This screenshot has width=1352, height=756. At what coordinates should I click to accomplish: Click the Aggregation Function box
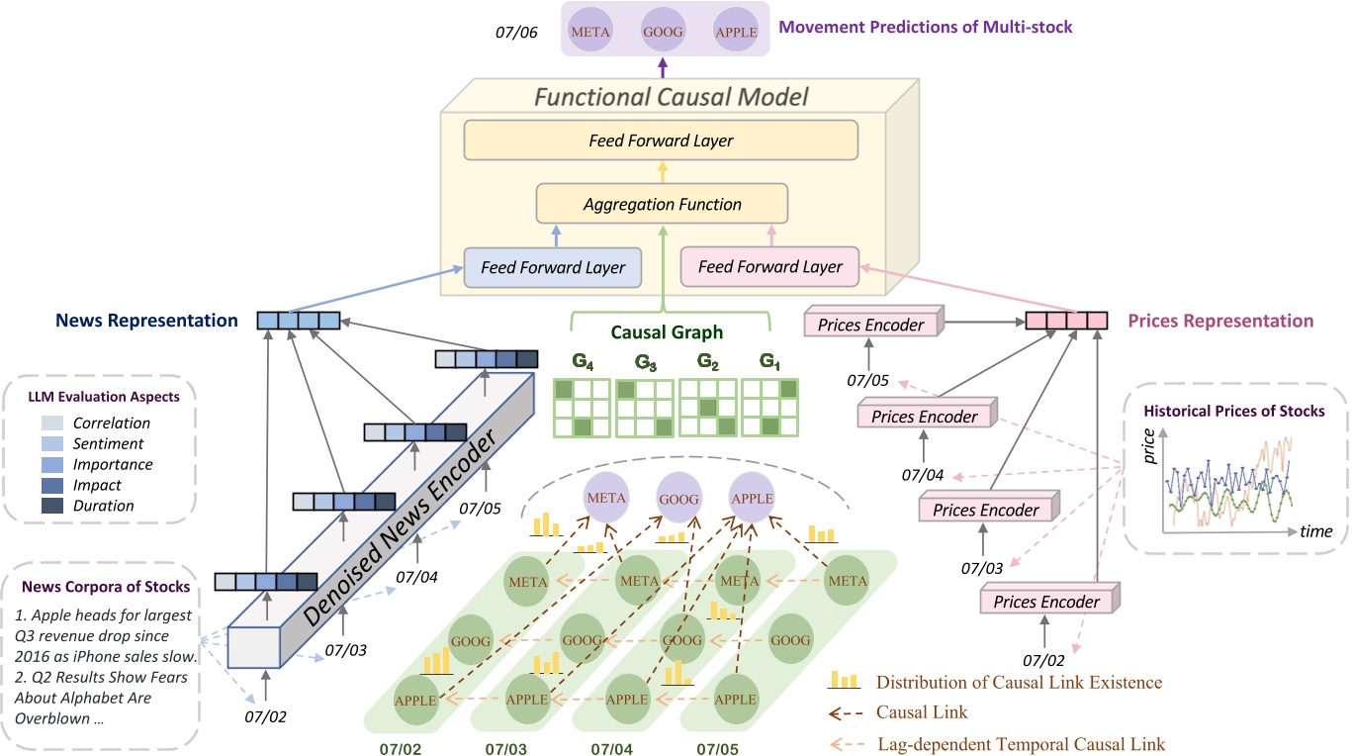coord(662,204)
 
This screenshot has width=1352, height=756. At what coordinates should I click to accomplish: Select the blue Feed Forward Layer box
coord(553,267)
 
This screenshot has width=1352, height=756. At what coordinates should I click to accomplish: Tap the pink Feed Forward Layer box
coord(770,266)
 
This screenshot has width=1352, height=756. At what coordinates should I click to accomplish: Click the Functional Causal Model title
coord(672,97)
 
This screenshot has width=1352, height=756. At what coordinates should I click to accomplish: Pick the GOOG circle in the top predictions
coord(664,31)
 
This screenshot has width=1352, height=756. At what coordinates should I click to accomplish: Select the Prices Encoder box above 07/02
coord(1045,601)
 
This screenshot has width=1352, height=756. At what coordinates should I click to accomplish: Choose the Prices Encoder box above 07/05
coord(872,324)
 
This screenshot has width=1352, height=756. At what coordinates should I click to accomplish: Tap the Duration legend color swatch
coord(53,506)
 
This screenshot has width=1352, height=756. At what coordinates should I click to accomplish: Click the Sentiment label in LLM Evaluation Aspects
coord(109,443)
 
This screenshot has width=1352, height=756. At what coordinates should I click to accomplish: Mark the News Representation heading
coord(146,321)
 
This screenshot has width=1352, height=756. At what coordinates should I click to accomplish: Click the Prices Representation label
coord(1219,321)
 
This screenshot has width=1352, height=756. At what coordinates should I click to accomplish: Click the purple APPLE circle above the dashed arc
coord(751,499)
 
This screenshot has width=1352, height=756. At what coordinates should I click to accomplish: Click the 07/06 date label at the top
coord(516,33)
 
